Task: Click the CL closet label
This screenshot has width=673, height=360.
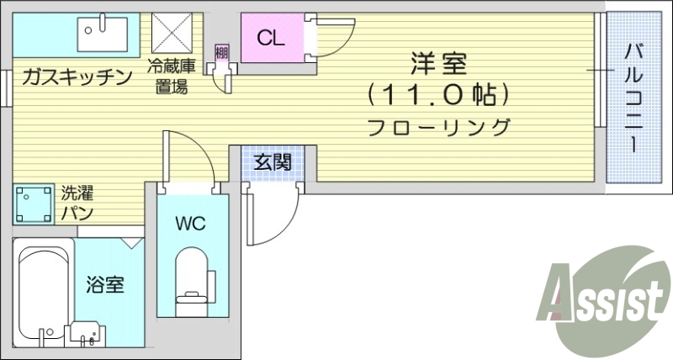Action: (271, 38)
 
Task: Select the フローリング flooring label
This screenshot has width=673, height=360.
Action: (438, 128)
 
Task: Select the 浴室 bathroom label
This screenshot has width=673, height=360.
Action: (105, 284)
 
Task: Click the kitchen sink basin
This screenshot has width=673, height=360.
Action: (102, 34)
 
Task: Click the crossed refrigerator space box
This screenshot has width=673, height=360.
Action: (173, 34)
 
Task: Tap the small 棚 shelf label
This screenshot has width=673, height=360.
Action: (221, 53)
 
